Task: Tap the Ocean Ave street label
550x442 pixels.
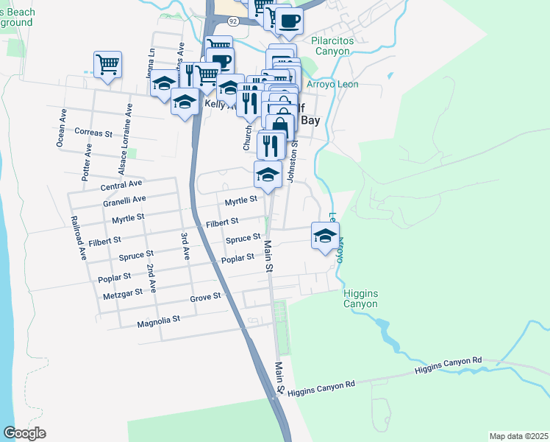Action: click(63, 128)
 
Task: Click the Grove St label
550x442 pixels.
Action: click(205, 296)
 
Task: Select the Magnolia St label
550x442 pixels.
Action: click(158, 322)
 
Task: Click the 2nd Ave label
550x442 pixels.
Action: click(151, 277)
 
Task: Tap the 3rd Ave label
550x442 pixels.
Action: click(186, 245)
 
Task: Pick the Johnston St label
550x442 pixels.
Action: click(292, 164)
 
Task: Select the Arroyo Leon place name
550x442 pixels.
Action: click(332, 85)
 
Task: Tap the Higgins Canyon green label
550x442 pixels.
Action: click(360, 298)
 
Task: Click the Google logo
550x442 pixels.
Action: click(24, 433)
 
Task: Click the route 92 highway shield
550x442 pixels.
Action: click(233, 21)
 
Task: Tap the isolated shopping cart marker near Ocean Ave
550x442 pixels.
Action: click(107, 65)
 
